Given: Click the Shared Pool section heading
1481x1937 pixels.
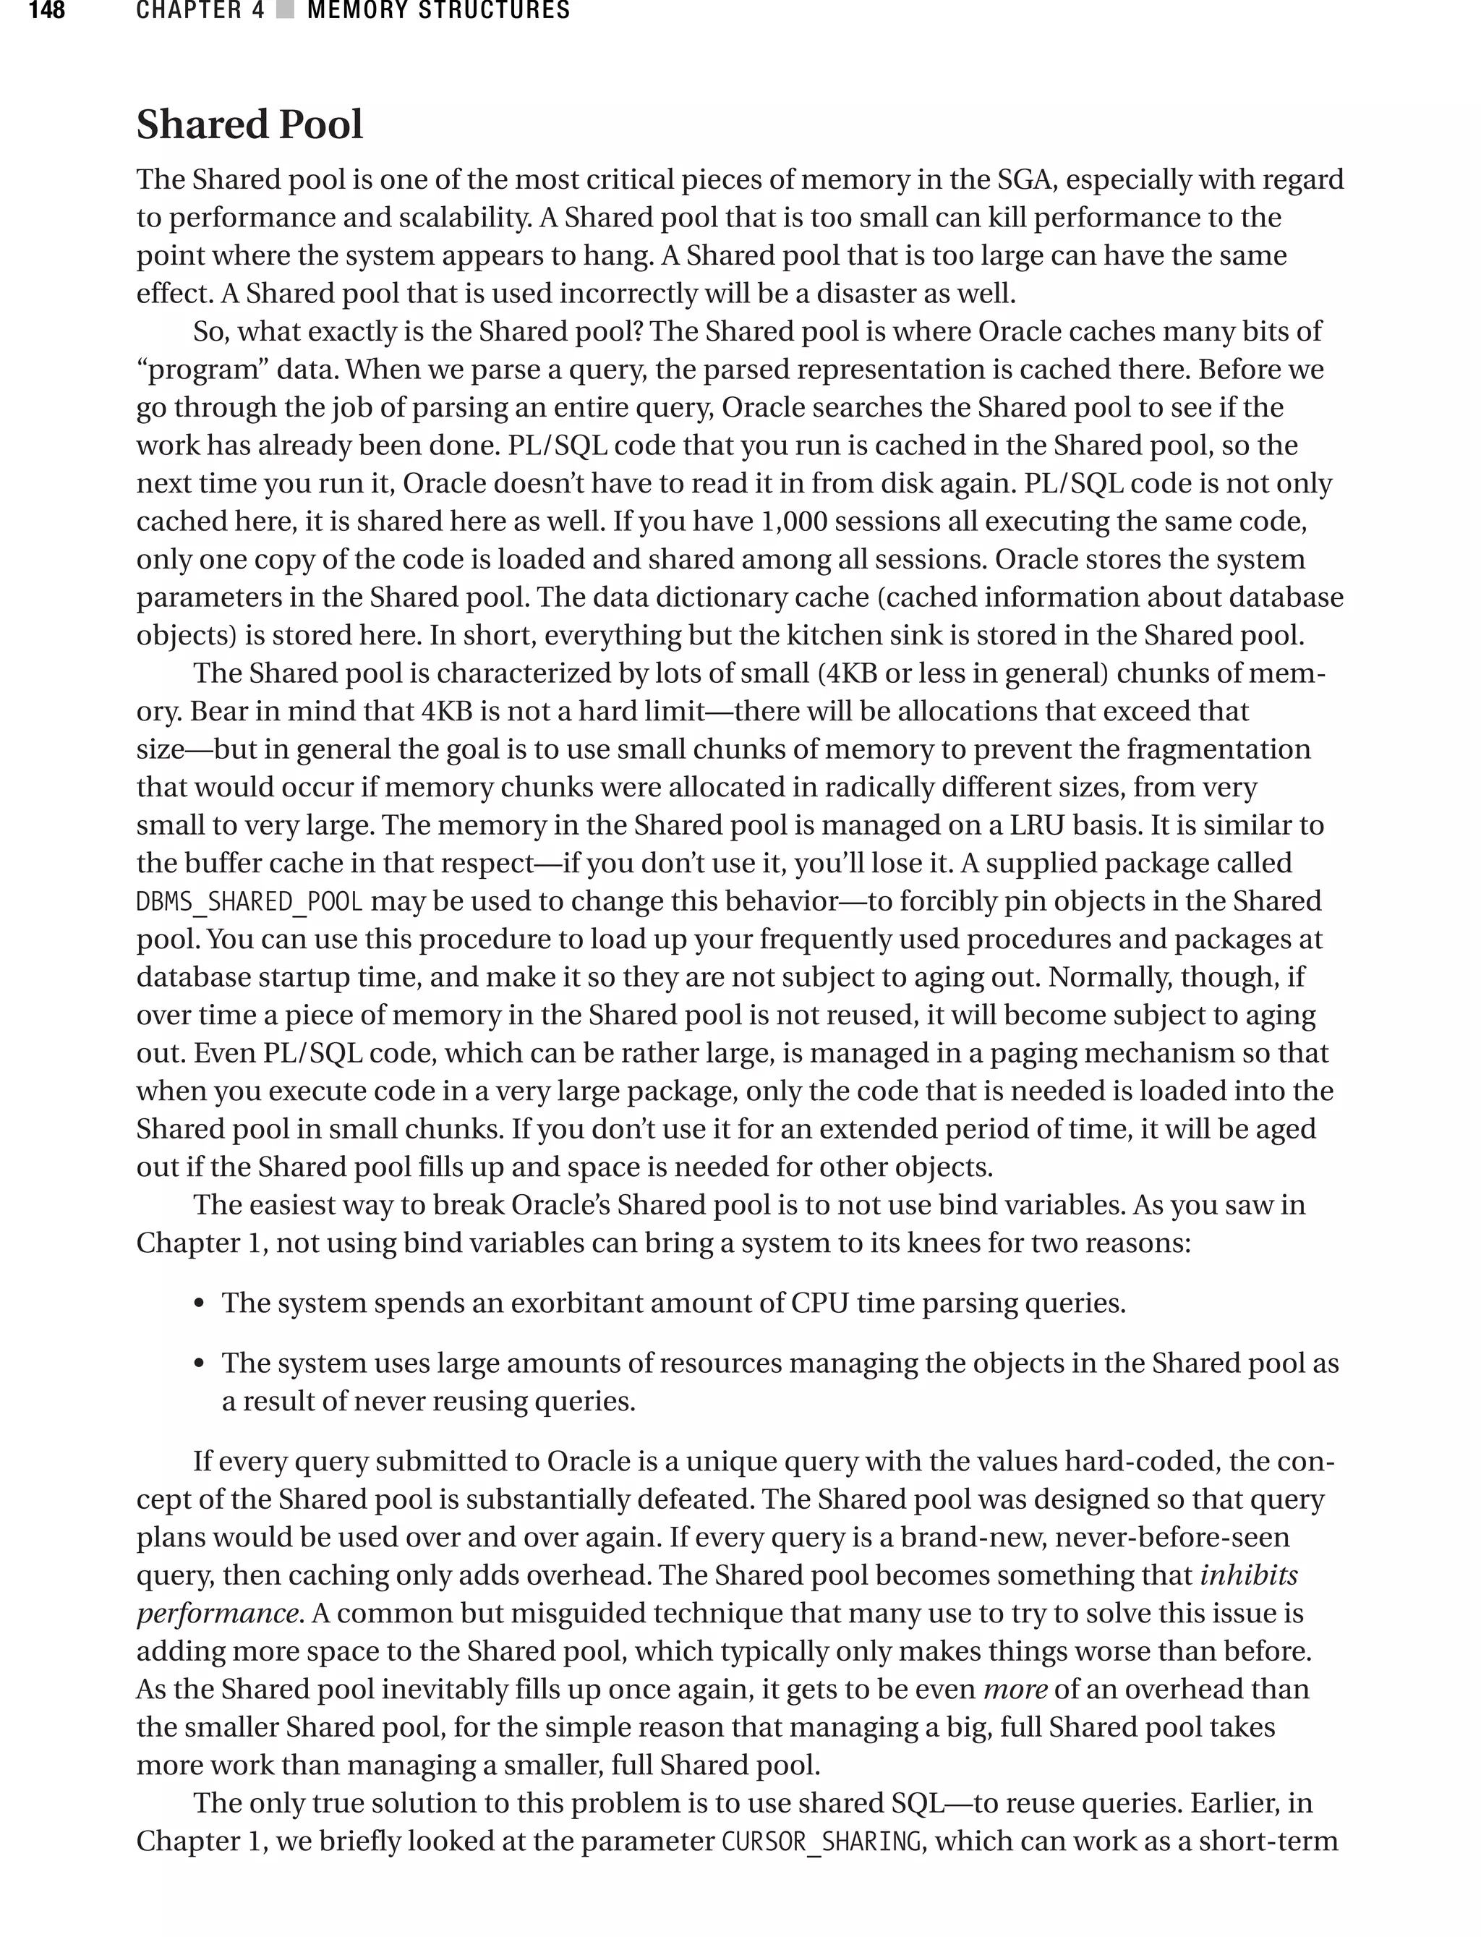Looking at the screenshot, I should [x=249, y=124].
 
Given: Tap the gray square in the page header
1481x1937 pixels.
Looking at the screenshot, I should [x=285, y=12].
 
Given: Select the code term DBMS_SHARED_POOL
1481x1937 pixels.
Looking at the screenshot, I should [x=249, y=902].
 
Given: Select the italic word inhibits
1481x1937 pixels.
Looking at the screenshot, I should [x=1248, y=1575].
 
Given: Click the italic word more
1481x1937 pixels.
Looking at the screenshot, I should [x=1015, y=1689].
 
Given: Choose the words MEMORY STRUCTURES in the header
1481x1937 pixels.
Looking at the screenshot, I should [x=438, y=12].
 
